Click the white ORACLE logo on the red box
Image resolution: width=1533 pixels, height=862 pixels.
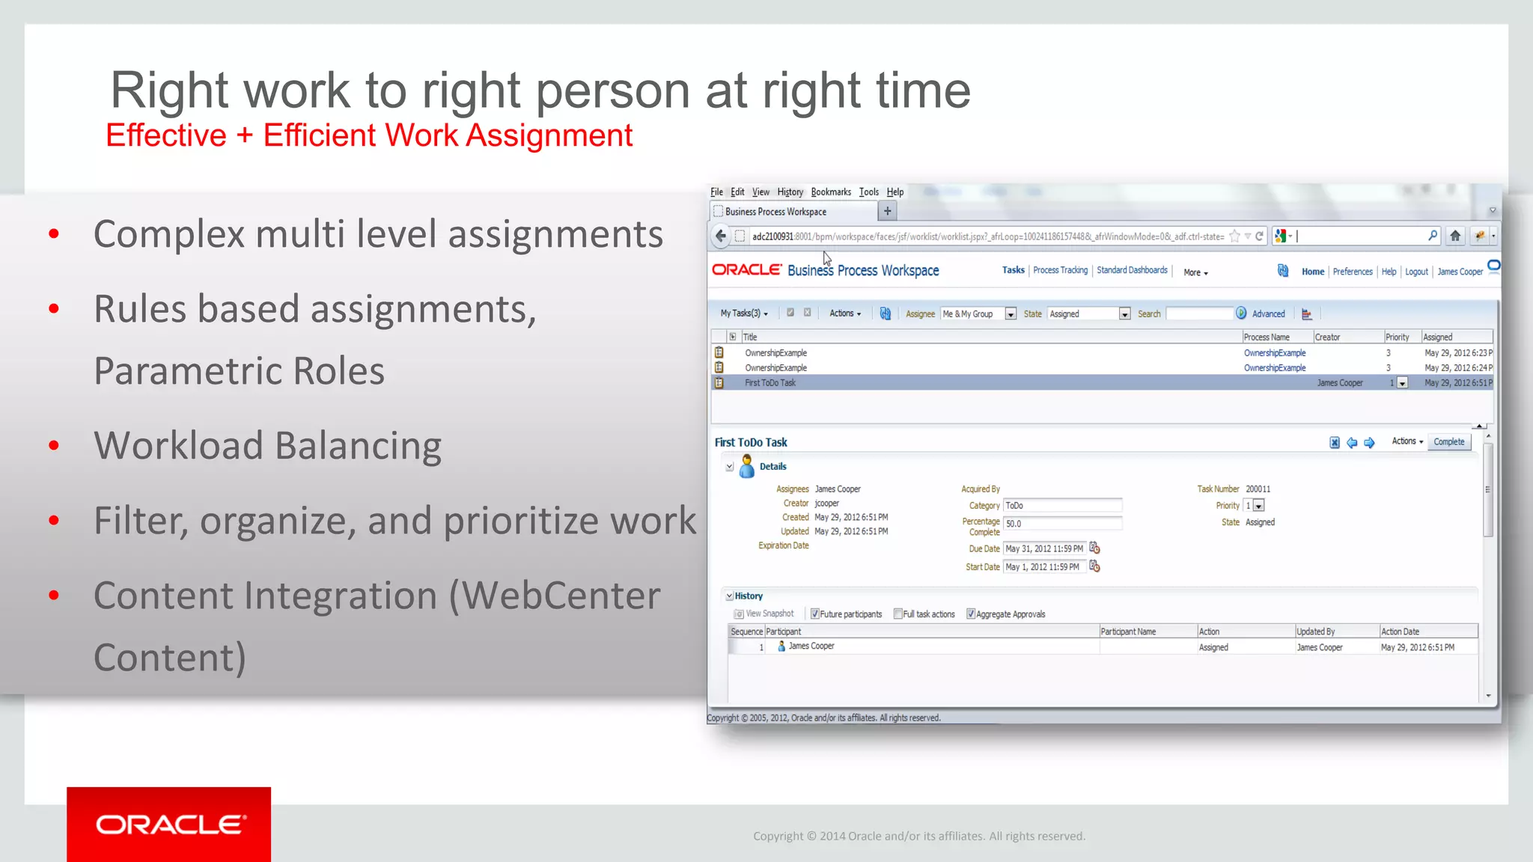pyautogui.click(x=169, y=825)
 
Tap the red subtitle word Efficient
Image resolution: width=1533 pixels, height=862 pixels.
pyautogui.click(x=320, y=136)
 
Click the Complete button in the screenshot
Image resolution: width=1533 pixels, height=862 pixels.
pyautogui.click(x=1448, y=442)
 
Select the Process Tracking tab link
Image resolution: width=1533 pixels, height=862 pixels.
pyautogui.click(x=1060, y=271)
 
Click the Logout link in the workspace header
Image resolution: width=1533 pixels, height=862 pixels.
pyautogui.click(x=1415, y=272)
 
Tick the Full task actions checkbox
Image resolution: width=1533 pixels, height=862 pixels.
pyautogui.click(x=898, y=614)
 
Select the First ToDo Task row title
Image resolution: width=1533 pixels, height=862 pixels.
pyautogui.click(x=770, y=383)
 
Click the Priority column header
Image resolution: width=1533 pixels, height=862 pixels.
pyautogui.click(x=1397, y=337)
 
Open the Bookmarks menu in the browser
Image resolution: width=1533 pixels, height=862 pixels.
pyautogui.click(x=830, y=192)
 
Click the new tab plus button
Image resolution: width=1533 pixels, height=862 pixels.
pyautogui.click(x=887, y=212)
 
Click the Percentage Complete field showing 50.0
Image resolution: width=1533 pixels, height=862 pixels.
pyautogui.click(x=1061, y=524)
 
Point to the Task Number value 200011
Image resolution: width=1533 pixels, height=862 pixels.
pyautogui.click(x=1258, y=489)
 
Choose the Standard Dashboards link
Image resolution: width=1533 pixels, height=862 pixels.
pyautogui.click(x=1132, y=271)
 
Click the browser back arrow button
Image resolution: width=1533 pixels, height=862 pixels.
pyautogui.click(x=721, y=236)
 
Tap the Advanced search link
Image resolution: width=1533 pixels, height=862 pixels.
pyautogui.click(x=1268, y=314)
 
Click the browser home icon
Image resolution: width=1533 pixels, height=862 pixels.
pyautogui.click(x=1454, y=236)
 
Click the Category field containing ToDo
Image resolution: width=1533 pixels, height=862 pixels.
pyautogui.click(x=1061, y=506)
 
